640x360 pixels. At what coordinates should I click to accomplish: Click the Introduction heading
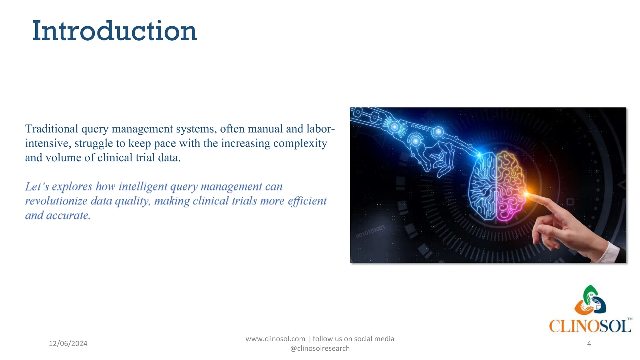(115, 31)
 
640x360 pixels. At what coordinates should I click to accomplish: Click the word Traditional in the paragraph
(52, 129)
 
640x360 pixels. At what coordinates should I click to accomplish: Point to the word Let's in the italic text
(37, 187)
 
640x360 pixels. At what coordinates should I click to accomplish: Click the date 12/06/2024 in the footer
(68, 343)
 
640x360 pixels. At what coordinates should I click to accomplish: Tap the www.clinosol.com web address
(275, 339)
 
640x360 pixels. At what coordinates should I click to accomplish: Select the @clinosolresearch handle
(320, 348)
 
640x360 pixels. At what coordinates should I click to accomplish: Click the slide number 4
(589, 343)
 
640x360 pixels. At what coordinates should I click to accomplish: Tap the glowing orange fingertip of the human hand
(527, 195)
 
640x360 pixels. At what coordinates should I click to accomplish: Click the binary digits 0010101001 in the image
(370, 232)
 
